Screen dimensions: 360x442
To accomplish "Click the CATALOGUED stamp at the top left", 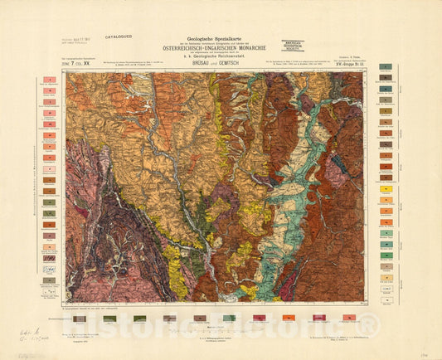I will click(x=118, y=37).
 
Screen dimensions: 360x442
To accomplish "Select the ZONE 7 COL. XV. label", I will click(x=83, y=63).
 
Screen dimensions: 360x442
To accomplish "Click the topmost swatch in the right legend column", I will click(x=385, y=66).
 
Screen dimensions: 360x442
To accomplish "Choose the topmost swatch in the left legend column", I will click(x=50, y=80).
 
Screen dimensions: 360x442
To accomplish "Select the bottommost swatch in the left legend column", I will click(x=50, y=281).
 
